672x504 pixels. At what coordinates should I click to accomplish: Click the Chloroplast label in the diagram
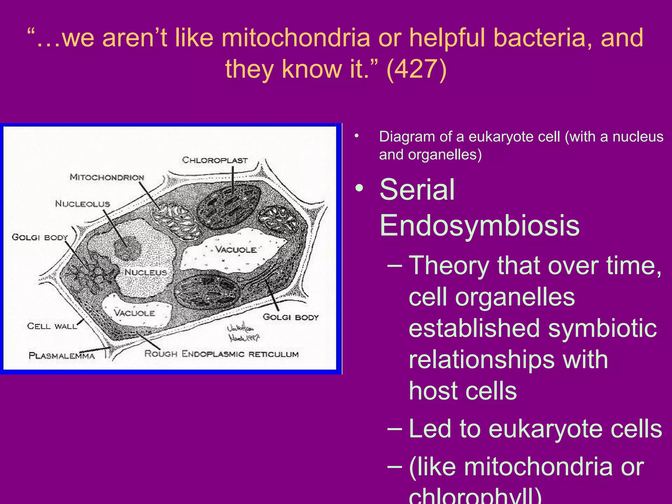point(215,160)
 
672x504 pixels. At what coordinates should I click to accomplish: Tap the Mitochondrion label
point(107,178)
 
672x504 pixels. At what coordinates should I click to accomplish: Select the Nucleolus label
point(82,204)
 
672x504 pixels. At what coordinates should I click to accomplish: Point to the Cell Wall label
point(52,326)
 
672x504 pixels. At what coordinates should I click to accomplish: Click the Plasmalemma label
point(62,356)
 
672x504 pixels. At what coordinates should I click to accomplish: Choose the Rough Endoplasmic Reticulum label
point(221,354)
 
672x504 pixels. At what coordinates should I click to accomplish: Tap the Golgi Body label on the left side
point(40,237)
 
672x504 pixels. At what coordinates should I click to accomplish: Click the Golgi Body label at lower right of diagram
point(291,317)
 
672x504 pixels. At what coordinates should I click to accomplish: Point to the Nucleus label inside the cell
point(146,272)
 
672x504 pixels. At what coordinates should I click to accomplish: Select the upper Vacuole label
point(236,250)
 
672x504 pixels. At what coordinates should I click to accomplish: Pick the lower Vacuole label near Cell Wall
point(134,313)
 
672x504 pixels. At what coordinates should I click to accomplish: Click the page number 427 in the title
point(416,69)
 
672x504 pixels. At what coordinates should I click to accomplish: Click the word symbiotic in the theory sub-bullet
point(602,328)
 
